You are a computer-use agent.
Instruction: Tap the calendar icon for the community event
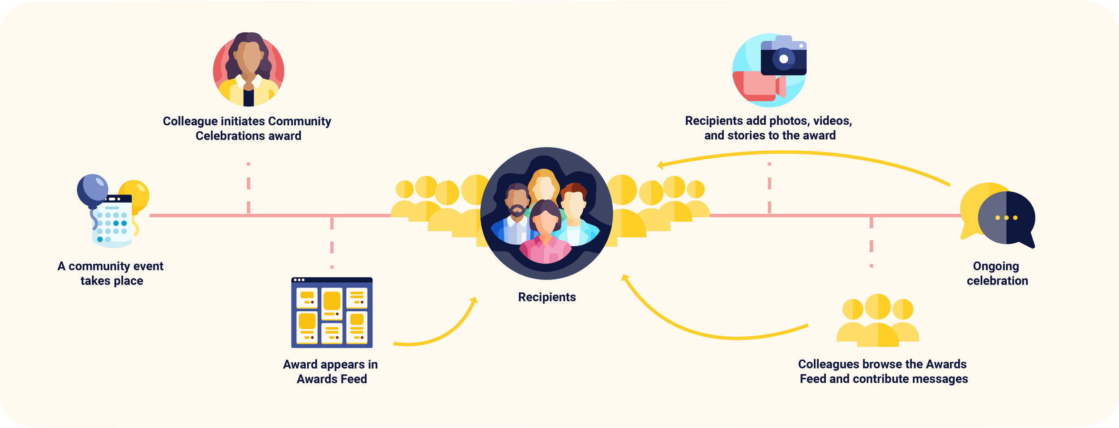112,221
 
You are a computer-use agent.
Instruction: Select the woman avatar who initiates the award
248,69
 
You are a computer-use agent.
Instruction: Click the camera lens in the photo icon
783,59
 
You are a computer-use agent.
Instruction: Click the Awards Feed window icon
332,313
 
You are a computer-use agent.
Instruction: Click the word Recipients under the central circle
547,297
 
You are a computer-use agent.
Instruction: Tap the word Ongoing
995,266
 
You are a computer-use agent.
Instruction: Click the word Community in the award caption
299,121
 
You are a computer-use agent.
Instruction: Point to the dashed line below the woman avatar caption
248,188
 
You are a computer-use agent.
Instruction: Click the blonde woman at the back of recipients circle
543,183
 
